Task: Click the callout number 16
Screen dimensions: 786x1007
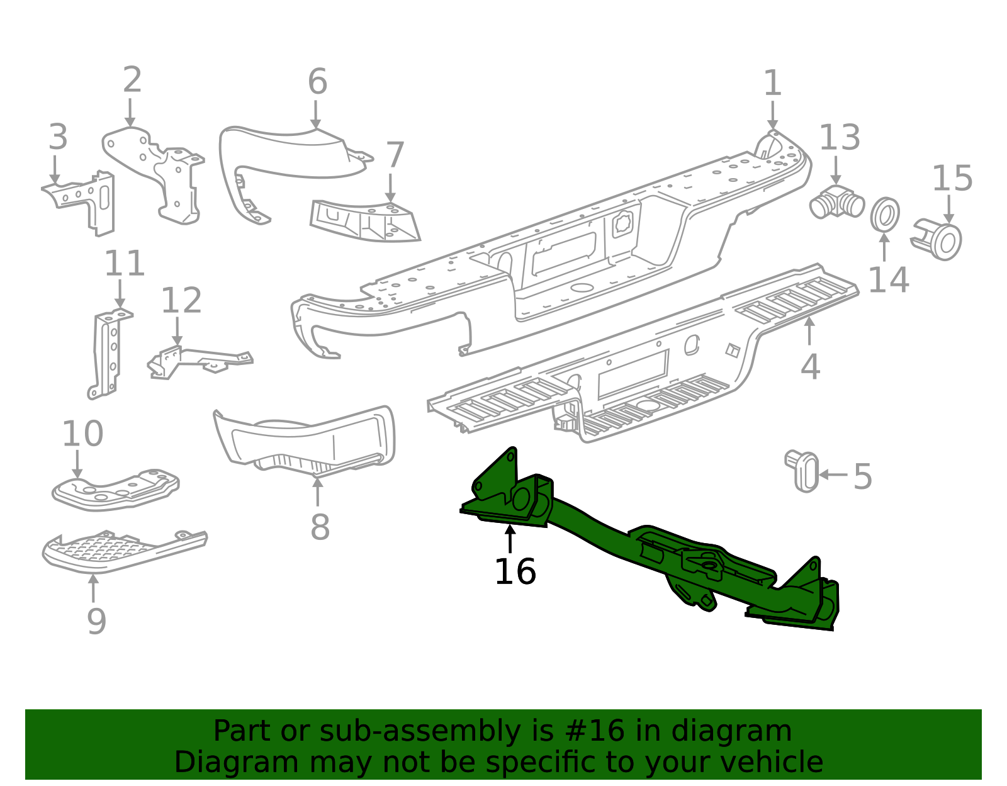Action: coord(515,572)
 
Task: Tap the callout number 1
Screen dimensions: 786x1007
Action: coord(772,84)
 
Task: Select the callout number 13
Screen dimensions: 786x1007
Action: coord(840,138)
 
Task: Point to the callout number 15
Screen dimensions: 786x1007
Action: coord(952,179)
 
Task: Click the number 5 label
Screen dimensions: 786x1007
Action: coord(863,476)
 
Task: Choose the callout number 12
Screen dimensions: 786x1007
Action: coord(181,301)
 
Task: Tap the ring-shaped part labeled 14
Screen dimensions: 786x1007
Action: coord(885,215)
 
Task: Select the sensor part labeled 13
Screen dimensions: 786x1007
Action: coord(837,202)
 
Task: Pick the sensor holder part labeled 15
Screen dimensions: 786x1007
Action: coord(938,240)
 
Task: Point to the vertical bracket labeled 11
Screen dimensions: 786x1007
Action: coord(107,356)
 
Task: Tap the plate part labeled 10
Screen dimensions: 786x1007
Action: coord(116,490)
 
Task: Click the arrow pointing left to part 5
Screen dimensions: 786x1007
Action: coord(832,474)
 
